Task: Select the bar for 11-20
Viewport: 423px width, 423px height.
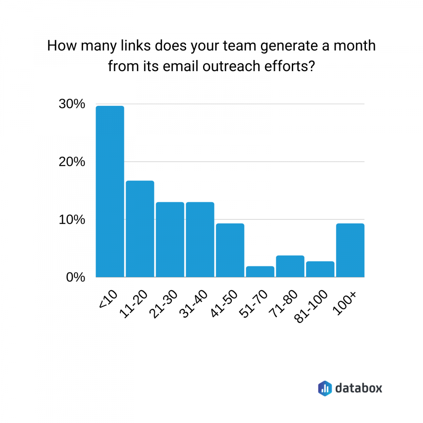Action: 140,229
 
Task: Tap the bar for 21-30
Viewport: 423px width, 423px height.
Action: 170,240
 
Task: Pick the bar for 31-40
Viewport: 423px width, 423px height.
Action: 200,240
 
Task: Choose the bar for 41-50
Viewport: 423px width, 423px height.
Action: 230,250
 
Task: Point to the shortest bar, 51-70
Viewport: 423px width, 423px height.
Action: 260,272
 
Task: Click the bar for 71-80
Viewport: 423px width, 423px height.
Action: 290,266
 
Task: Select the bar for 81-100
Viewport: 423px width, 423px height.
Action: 320,269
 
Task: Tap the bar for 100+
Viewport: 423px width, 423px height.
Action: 350,250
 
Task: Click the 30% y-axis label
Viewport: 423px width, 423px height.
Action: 72,104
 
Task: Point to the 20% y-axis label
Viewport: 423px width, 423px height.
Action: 72,162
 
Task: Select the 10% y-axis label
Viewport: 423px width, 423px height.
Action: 72,220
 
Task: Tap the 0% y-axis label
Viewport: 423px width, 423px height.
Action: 76,277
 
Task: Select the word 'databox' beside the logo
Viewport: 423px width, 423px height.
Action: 358,388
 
